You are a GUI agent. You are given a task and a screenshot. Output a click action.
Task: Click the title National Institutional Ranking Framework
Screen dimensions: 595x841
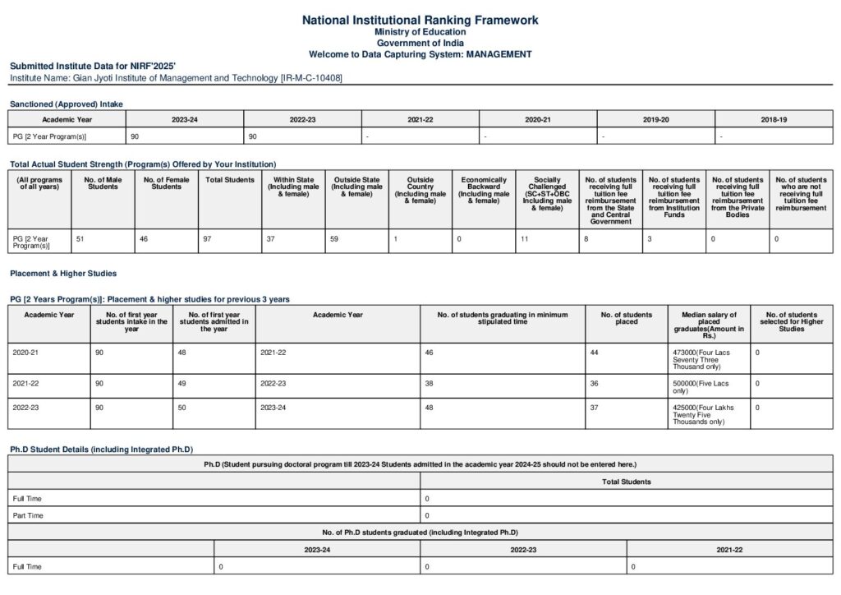[x=420, y=20]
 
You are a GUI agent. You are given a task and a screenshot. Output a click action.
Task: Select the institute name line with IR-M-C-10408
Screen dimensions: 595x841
[x=176, y=77]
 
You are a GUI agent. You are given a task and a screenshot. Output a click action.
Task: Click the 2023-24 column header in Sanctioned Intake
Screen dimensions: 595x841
[x=184, y=120]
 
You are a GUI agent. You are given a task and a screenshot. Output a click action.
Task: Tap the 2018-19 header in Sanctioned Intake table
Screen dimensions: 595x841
[x=773, y=120]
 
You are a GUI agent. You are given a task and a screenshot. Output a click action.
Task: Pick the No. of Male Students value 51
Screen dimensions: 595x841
[x=80, y=238]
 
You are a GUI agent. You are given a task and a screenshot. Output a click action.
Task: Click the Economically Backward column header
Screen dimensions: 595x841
[x=484, y=190]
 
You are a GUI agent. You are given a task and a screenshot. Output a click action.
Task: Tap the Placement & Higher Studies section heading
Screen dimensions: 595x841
[x=63, y=273]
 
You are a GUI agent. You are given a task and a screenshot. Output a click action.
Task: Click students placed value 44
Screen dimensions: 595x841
[x=595, y=352]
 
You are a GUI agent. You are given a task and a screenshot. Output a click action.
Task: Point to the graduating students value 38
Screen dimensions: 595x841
[x=429, y=383]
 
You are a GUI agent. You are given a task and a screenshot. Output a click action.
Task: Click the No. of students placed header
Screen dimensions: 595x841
[x=626, y=318]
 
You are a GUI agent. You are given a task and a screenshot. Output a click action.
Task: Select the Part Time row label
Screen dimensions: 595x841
[x=27, y=515]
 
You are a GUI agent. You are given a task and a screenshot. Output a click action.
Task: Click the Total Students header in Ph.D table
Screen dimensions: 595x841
[x=626, y=482]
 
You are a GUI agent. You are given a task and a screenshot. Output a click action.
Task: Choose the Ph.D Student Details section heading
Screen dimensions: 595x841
[x=101, y=449]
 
